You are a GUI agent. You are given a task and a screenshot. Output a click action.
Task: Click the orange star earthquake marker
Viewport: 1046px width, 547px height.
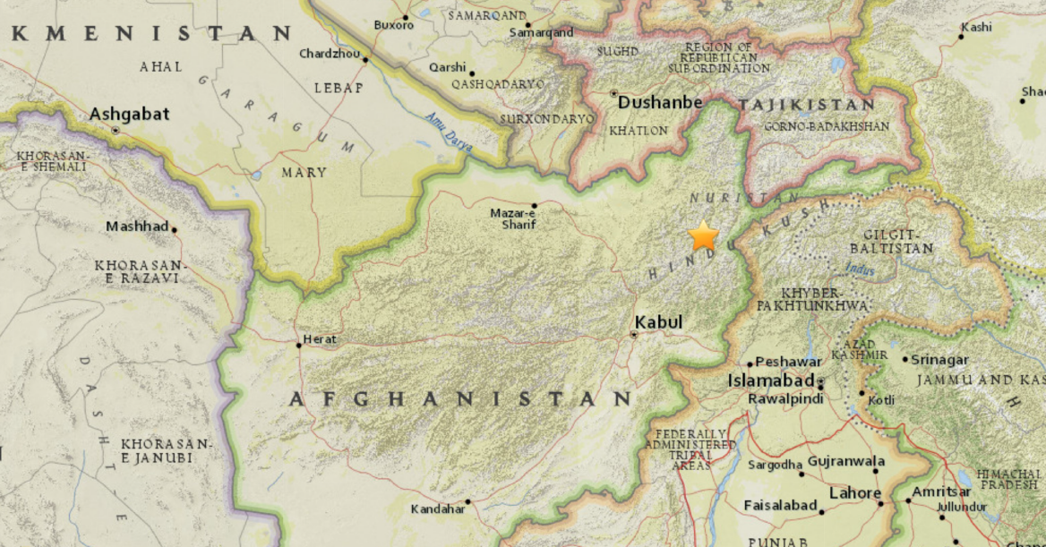[704, 236]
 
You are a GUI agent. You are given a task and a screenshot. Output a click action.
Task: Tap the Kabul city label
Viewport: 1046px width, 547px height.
[658, 322]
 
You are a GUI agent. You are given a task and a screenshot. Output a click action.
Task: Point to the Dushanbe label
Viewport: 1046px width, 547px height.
[660, 103]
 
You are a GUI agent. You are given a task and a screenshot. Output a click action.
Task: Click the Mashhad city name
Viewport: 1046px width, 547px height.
[137, 226]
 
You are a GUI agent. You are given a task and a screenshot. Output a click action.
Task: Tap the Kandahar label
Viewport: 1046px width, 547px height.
[438, 509]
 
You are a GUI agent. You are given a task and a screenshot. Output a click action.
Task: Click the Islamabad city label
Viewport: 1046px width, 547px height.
[768, 380]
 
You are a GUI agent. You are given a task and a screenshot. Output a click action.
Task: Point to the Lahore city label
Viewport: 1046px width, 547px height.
[855, 492]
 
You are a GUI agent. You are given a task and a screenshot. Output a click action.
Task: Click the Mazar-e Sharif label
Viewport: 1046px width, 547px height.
[513, 218]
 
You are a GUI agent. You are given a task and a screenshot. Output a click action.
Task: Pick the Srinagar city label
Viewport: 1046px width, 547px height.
[940, 360]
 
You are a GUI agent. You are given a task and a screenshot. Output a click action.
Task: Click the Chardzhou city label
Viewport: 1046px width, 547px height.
[330, 54]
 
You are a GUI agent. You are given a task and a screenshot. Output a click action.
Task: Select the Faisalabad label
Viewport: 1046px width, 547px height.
[780, 506]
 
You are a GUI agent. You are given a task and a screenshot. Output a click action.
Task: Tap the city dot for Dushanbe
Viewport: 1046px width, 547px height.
[613, 93]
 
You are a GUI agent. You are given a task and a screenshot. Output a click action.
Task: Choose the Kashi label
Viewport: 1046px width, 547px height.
[976, 27]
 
